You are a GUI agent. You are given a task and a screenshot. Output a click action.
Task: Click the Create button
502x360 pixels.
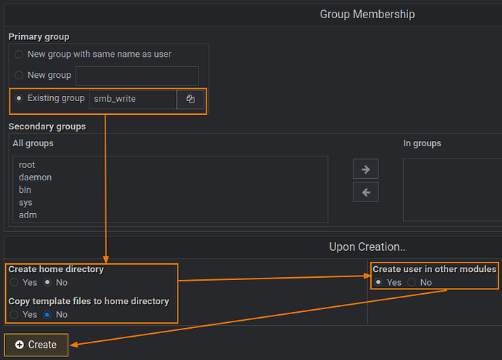(x=36, y=345)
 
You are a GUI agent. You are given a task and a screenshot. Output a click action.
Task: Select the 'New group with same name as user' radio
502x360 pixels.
(x=19, y=55)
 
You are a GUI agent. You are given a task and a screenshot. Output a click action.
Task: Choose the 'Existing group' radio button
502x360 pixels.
(x=19, y=98)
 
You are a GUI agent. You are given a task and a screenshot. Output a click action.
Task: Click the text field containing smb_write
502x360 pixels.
(x=132, y=99)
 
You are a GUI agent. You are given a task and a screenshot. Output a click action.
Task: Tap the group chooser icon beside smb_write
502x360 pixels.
(x=191, y=99)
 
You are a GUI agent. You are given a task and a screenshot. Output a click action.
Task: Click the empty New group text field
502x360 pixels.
(x=137, y=76)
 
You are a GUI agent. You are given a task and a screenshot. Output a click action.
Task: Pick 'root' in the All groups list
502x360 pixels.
(x=28, y=165)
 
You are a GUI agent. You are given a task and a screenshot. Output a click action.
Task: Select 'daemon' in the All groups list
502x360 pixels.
(x=35, y=177)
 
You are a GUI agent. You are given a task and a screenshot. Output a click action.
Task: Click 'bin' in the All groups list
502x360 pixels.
(x=25, y=190)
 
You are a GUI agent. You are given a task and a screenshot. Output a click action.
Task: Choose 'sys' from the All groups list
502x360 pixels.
(x=25, y=202)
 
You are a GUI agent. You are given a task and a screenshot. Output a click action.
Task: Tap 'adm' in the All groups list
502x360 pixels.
(x=28, y=215)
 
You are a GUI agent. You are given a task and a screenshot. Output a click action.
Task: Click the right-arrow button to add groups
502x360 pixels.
(x=365, y=169)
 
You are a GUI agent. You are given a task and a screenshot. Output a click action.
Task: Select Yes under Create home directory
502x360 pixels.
(x=14, y=282)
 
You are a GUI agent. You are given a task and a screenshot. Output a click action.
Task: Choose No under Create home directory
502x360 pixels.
(x=47, y=282)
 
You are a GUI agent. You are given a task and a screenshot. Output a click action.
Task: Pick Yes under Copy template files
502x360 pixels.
(x=14, y=315)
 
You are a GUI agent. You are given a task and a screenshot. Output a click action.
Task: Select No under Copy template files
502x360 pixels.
(x=47, y=315)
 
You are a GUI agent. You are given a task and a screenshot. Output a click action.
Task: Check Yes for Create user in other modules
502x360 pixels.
(x=378, y=282)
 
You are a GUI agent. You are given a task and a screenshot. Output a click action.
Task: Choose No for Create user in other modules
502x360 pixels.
(x=412, y=282)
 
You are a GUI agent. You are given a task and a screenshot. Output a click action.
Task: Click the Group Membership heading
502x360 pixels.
(x=367, y=15)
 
